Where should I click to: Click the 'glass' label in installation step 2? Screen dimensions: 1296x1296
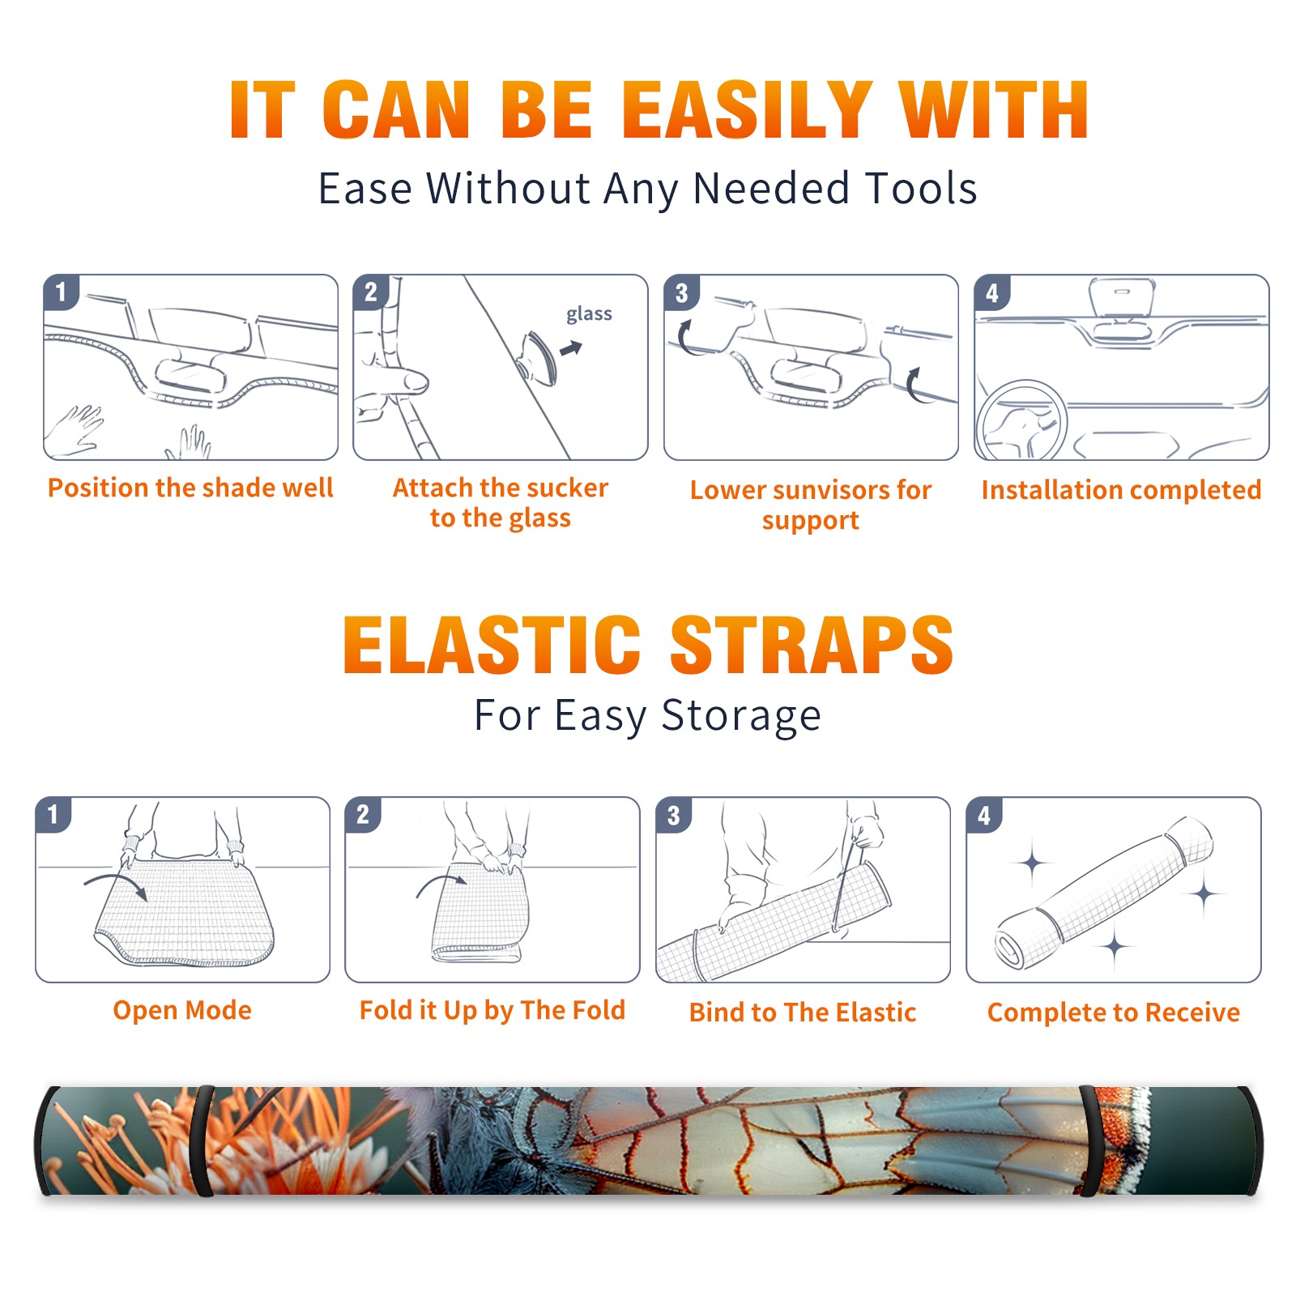click(589, 314)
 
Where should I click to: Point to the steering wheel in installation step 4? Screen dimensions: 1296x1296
click(1021, 419)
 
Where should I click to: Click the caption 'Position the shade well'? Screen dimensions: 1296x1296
click(190, 488)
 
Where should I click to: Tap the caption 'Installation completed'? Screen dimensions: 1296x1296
click(1121, 489)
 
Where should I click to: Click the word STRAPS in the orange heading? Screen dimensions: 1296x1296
click(812, 645)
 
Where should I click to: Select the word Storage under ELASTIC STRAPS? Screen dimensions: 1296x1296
click(741, 716)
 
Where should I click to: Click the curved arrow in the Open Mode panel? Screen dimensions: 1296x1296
click(116, 884)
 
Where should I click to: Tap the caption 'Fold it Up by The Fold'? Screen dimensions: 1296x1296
click(492, 1010)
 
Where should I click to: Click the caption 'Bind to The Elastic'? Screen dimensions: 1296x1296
click(802, 1012)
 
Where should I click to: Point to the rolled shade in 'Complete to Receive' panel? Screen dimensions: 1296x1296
click(1104, 892)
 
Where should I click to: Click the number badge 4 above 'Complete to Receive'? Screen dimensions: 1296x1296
click(984, 815)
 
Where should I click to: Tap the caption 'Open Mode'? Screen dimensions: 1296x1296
click(182, 1010)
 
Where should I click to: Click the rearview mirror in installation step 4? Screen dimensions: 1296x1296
click(1122, 297)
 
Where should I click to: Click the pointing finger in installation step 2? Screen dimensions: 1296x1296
click(393, 380)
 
